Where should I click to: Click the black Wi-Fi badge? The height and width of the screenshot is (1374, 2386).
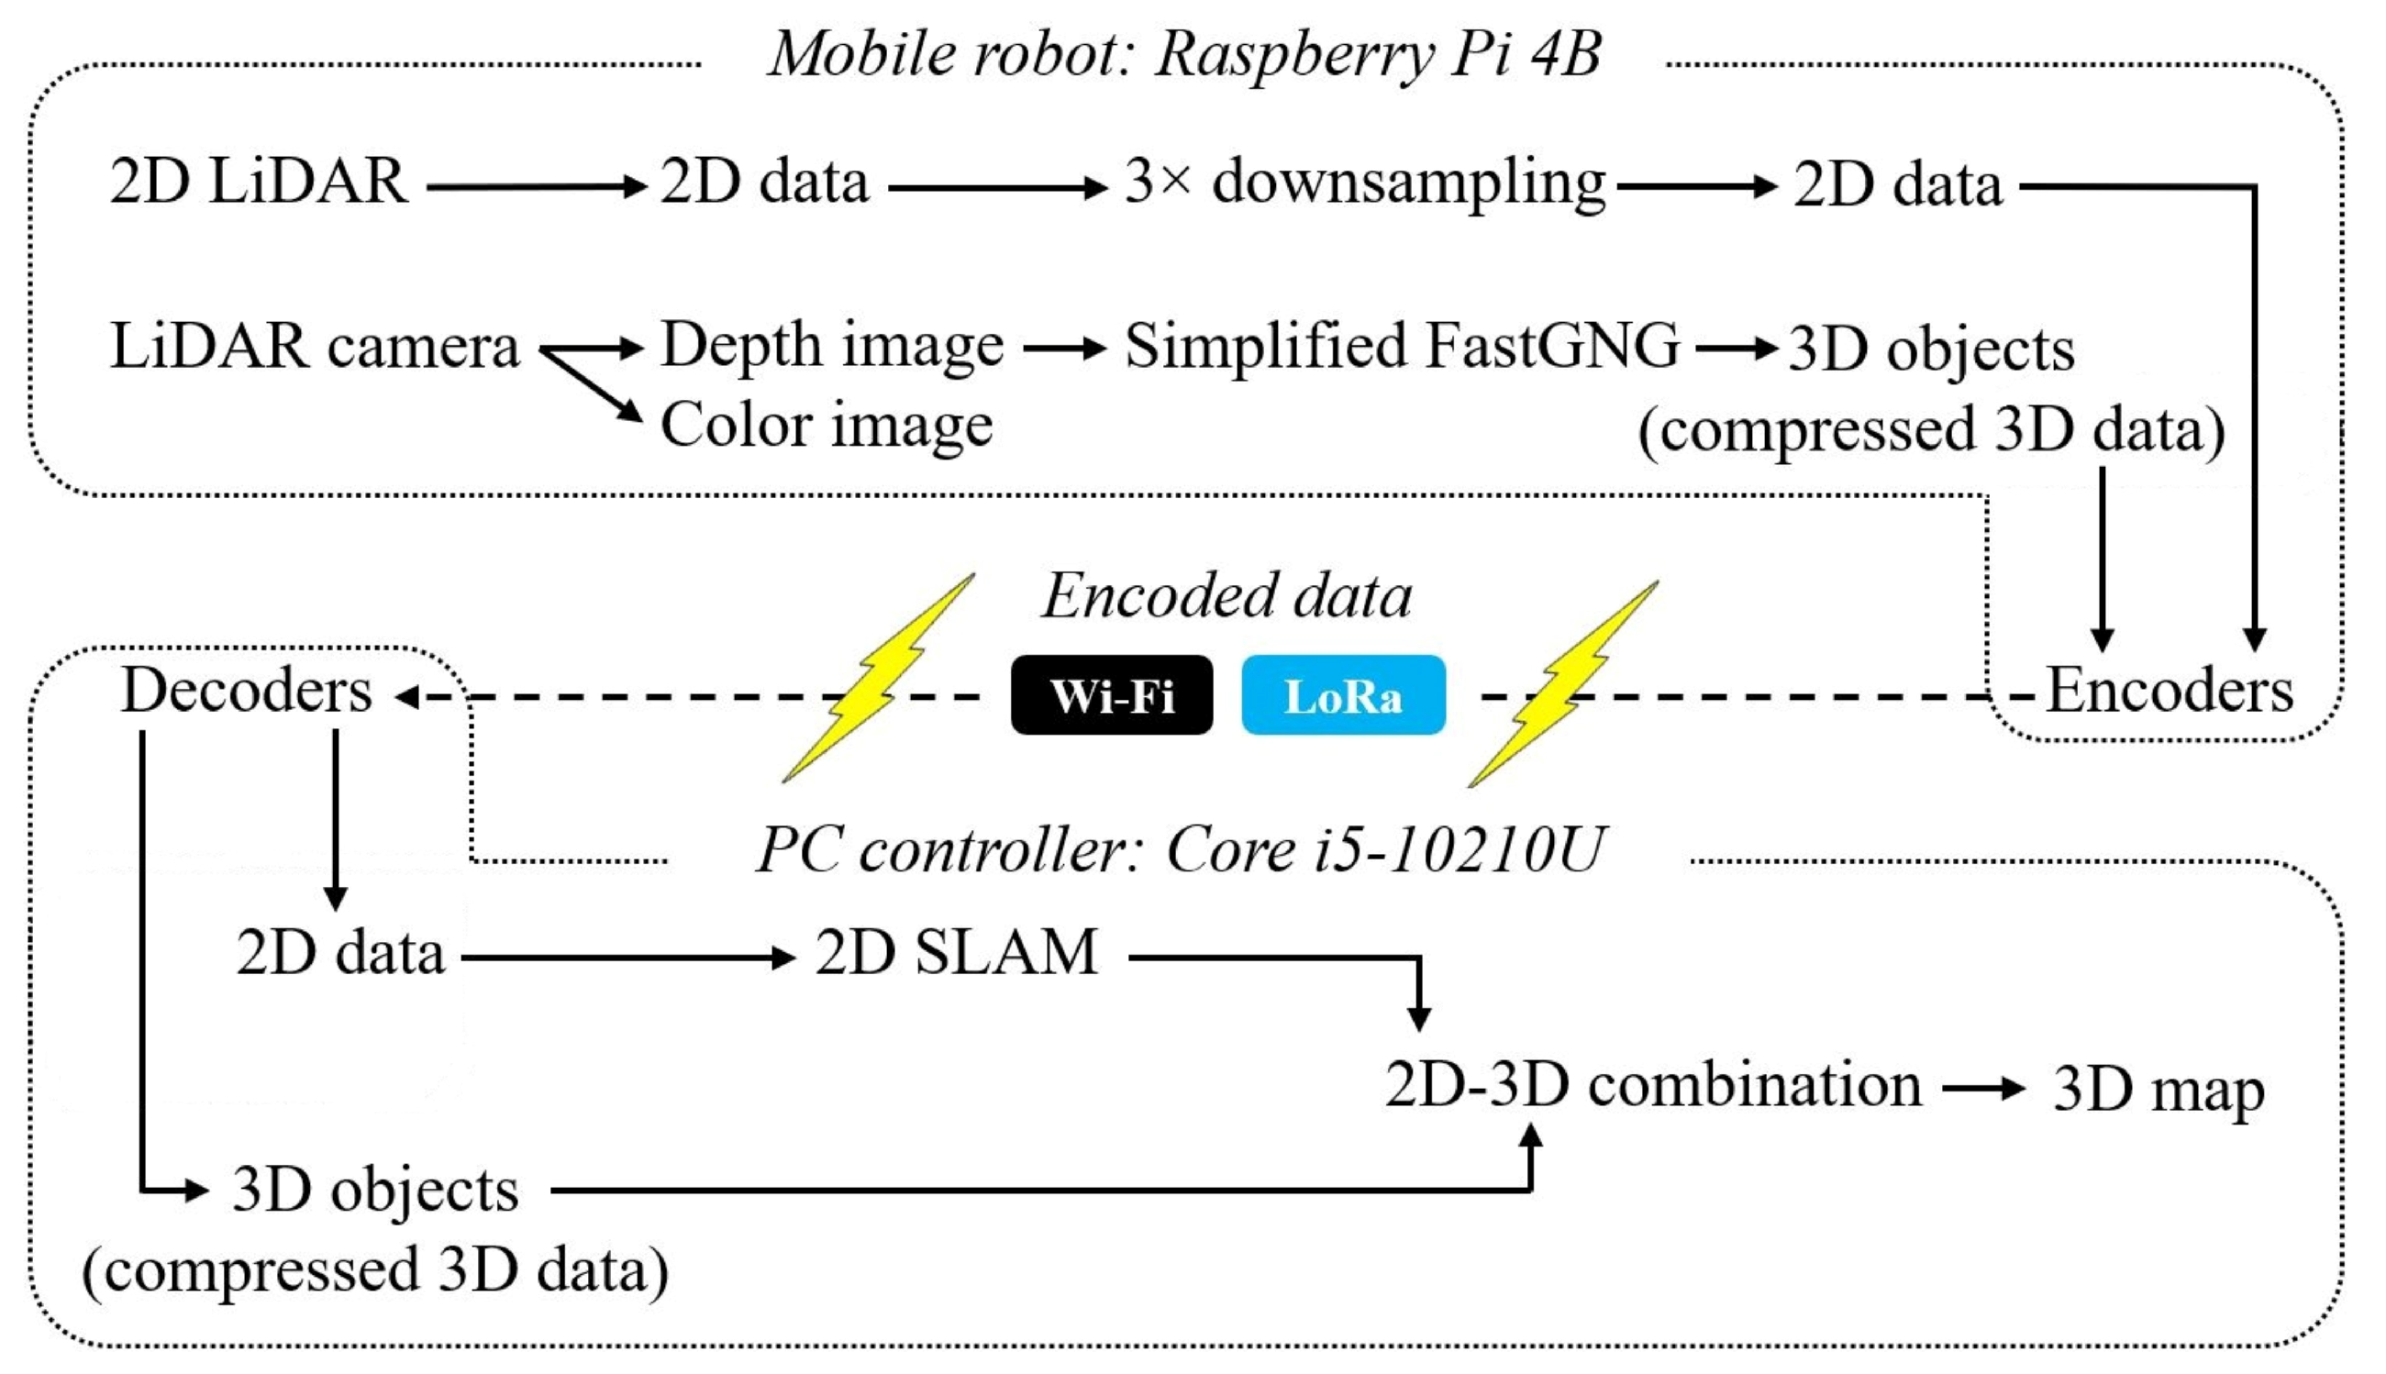(x=1111, y=695)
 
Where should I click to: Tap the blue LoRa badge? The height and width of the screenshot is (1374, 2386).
(x=1342, y=695)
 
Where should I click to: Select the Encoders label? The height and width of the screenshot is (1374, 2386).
(x=2168, y=691)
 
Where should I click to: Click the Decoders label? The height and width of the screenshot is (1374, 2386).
(x=247, y=691)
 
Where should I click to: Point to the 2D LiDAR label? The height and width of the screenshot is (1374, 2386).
(x=259, y=182)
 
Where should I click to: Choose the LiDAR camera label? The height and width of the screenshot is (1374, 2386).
(x=315, y=347)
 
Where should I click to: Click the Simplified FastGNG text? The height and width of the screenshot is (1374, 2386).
(x=1402, y=347)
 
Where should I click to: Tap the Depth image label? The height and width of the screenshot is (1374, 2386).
(x=830, y=347)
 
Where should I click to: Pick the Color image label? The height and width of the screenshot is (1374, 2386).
(x=826, y=425)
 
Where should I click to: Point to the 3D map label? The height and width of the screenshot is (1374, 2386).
(x=2158, y=1090)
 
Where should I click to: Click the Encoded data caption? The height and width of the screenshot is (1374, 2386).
(x=1226, y=596)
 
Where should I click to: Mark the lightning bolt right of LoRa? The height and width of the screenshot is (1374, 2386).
(x=1562, y=684)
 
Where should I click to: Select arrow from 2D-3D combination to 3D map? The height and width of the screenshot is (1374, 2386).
(x=1982, y=1089)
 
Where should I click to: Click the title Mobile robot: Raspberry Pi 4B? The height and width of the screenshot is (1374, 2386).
(x=1183, y=54)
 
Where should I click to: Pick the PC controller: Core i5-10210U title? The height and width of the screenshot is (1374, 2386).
(x=1180, y=849)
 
